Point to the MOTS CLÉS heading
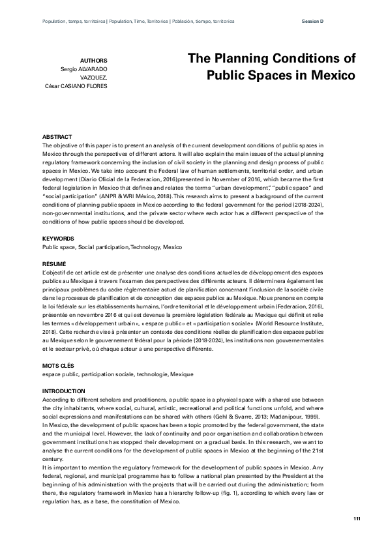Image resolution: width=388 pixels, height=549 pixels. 56,365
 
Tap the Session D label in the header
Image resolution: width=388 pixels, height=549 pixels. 313,21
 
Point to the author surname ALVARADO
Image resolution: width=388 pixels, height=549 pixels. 91,68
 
